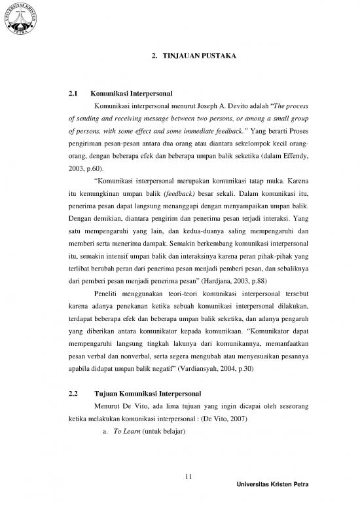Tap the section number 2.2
point(75,395)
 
